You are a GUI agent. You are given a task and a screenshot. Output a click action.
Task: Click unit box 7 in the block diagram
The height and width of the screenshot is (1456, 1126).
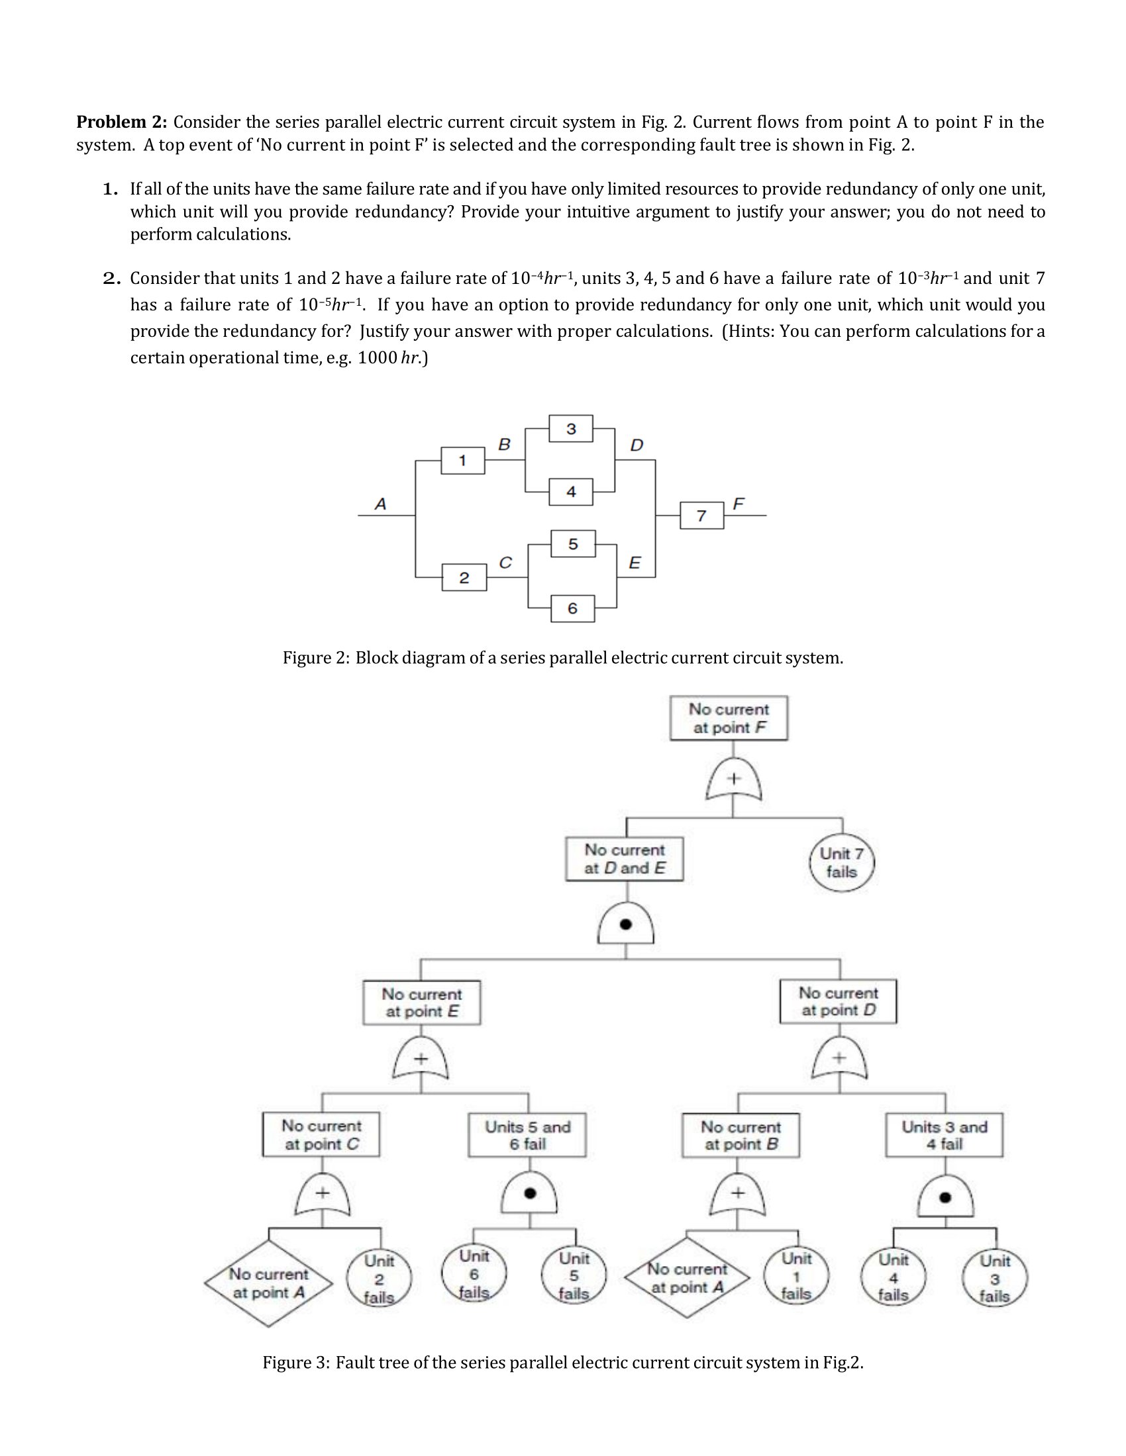701,516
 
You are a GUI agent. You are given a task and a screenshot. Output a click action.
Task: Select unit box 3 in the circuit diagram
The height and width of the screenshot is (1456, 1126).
571,428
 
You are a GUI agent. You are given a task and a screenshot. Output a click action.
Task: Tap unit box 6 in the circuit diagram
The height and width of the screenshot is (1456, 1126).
572,608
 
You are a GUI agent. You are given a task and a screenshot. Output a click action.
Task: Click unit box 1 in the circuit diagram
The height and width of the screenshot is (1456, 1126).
462,460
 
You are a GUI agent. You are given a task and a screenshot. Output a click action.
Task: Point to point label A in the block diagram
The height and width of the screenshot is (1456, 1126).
380,504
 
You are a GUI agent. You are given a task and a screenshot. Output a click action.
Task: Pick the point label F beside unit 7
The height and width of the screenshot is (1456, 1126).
739,504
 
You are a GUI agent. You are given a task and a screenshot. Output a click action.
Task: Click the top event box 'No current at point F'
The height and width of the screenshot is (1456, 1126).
729,718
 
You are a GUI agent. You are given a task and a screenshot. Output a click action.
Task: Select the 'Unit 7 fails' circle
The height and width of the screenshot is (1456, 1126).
841,862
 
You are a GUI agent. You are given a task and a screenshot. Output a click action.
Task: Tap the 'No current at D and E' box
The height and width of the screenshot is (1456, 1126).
625,858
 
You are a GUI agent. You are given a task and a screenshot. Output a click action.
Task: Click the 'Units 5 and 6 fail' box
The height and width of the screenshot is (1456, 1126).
527,1134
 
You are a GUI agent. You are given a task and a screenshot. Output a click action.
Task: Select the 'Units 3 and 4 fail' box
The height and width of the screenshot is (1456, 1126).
944,1134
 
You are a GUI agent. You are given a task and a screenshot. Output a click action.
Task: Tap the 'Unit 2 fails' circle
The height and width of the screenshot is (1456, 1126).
379,1279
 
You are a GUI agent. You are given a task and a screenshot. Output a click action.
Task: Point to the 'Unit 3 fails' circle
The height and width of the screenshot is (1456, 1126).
995,1279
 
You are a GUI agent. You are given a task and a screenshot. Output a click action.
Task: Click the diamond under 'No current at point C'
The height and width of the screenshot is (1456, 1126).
268,1283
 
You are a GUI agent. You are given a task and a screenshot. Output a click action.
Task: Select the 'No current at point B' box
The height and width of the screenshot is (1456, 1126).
741,1134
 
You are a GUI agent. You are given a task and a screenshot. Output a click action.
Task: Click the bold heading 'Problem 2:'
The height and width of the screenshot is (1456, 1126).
121,122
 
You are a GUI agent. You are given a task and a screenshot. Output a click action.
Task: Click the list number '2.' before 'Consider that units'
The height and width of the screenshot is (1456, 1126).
111,279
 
